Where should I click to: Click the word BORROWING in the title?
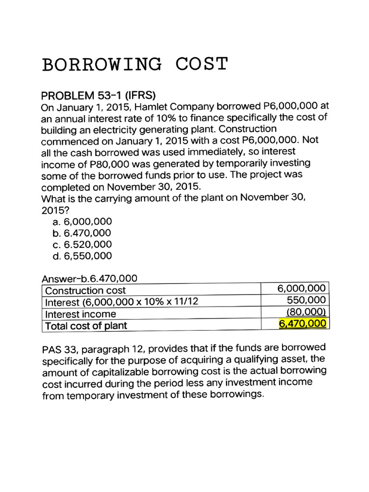tap(102, 64)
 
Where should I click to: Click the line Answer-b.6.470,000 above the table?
tap(89, 279)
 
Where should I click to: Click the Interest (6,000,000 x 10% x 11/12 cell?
tap(122, 302)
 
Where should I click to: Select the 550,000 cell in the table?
tap(307, 300)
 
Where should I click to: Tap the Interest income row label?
tap(81, 314)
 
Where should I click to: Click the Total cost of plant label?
tap(86, 326)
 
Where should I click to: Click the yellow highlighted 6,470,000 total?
tap(303, 323)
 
